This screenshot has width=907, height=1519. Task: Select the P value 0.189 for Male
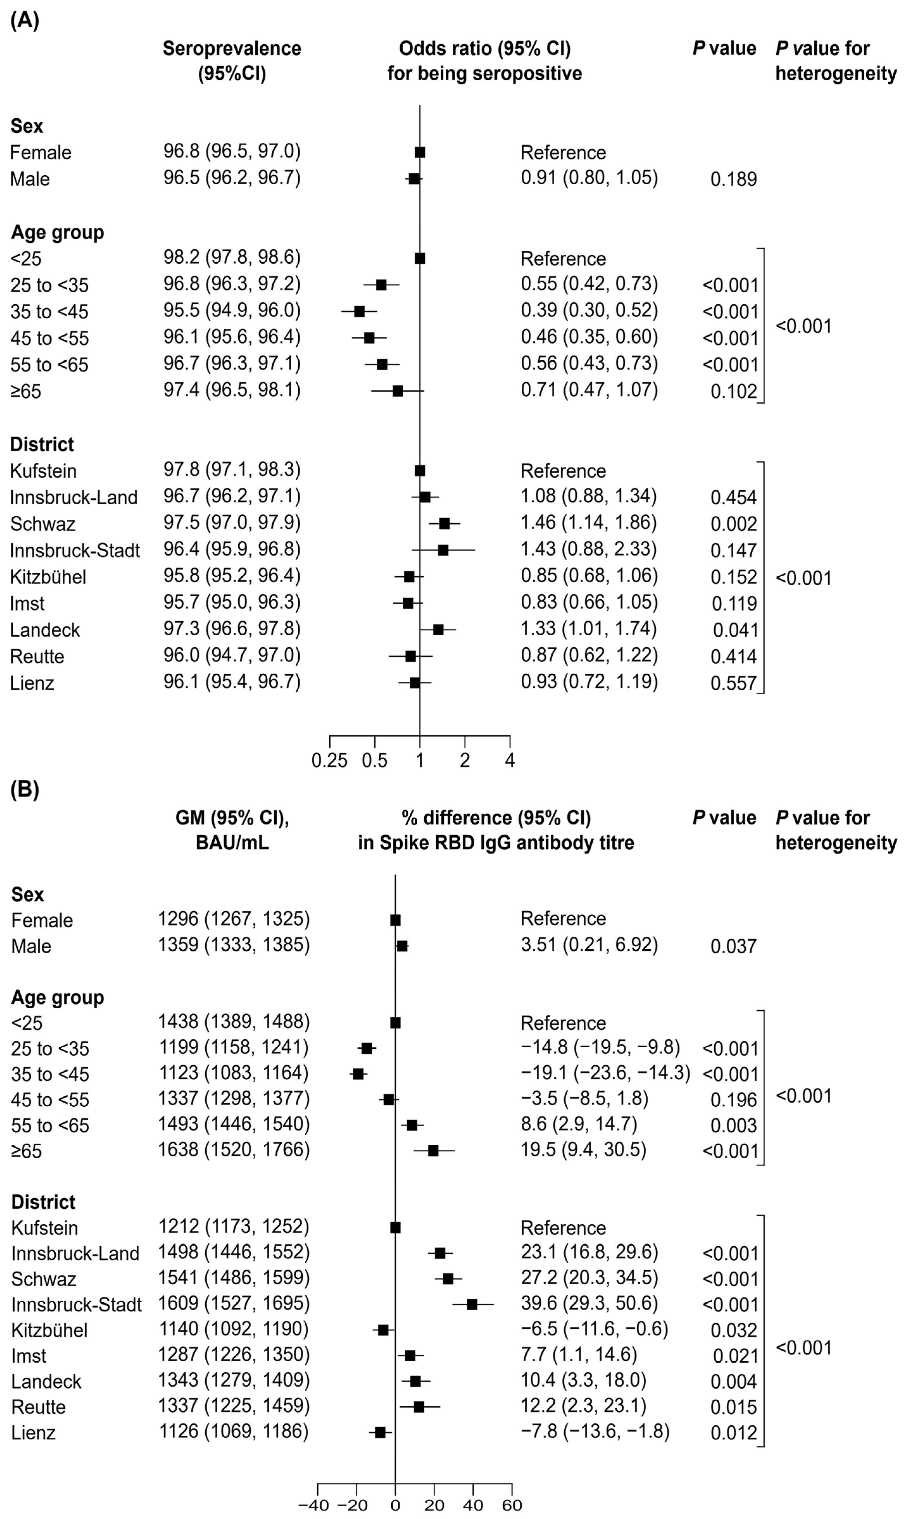tap(733, 179)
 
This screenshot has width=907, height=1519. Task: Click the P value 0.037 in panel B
tap(733, 946)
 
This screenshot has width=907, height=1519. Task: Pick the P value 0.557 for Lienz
tap(733, 683)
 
